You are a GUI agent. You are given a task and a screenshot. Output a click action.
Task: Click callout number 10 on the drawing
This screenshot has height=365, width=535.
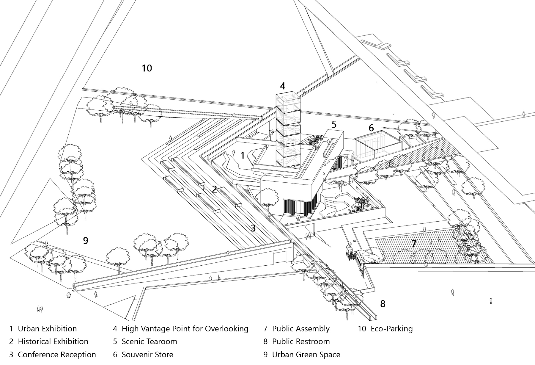(x=147, y=68)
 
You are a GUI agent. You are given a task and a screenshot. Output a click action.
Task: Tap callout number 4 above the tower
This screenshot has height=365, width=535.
(x=282, y=86)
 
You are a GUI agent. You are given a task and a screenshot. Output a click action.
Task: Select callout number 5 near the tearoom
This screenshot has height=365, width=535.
(x=334, y=125)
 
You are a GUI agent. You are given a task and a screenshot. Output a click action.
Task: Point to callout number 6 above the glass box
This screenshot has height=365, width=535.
(x=371, y=128)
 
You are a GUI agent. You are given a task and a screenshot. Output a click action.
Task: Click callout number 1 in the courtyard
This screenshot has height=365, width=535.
(x=243, y=155)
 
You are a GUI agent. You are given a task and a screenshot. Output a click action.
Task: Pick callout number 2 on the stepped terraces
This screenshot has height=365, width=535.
(x=214, y=189)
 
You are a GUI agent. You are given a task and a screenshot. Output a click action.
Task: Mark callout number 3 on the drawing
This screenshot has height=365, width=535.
(x=253, y=228)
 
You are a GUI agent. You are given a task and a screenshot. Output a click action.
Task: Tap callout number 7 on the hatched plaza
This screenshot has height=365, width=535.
(x=413, y=244)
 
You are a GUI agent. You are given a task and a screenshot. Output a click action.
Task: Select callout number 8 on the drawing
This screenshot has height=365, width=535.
(x=383, y=304)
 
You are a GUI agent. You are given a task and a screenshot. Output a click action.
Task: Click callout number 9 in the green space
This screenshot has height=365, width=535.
(x=86, y=241)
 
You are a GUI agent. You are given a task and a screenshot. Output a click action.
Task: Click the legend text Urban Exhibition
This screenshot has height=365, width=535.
(x=47, y=329)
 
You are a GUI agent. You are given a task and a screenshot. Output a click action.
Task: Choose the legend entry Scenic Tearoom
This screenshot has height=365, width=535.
(x=149, y=341)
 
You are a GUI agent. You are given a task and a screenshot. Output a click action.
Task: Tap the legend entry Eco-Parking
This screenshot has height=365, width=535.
(x=391, y=329)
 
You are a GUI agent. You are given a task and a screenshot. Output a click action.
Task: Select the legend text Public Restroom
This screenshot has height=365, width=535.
(x=301, y=341)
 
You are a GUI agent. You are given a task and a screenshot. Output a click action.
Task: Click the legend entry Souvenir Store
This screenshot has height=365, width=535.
(x=147, y=355)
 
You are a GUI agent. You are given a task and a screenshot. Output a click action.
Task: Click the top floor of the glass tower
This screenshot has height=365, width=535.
(x=287, y=100)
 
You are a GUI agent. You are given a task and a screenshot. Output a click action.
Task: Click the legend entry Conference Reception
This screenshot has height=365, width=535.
(x=57, y=355)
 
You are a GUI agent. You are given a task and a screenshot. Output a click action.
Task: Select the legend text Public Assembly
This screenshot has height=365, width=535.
(x=300, y=329)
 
